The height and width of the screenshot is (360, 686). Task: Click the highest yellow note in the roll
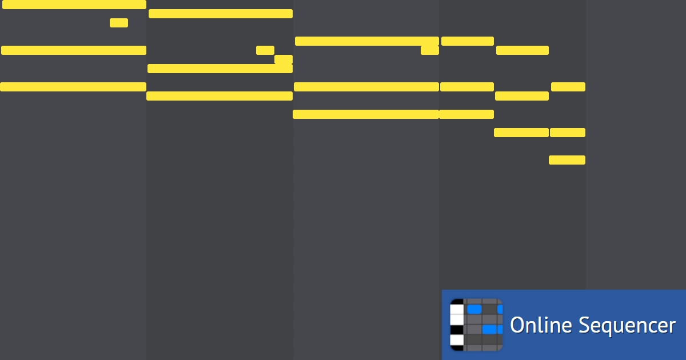coord(74,5)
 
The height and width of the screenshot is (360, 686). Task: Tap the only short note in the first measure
coord(119,23)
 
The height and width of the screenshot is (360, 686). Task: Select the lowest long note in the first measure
coord(73,87)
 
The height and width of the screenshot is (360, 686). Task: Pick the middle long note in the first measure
coord(74,50)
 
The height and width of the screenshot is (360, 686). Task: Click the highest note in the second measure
coord(221,14)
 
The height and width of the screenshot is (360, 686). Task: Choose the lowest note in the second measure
coord(220,96)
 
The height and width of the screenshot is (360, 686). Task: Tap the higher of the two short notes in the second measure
coord(265,50)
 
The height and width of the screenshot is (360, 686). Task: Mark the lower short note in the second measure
coord(284,59)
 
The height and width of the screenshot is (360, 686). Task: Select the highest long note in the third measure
coord(367,41)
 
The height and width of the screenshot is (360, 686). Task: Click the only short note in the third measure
coord(430,50)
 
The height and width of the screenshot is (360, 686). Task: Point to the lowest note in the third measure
coord(366,114)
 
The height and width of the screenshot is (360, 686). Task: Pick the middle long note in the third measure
coord(366,87)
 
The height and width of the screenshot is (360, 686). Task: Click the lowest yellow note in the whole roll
coord(567,160)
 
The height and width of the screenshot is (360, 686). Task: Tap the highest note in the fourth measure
coord(468,41)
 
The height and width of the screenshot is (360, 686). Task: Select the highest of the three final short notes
coord(568,87)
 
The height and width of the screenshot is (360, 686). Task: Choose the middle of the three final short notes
coord(568,133)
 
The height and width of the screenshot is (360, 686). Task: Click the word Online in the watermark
coord(541,325)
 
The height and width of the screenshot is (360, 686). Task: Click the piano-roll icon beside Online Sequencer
coord(476,325)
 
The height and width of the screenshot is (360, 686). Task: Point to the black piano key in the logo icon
coord(457,330)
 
